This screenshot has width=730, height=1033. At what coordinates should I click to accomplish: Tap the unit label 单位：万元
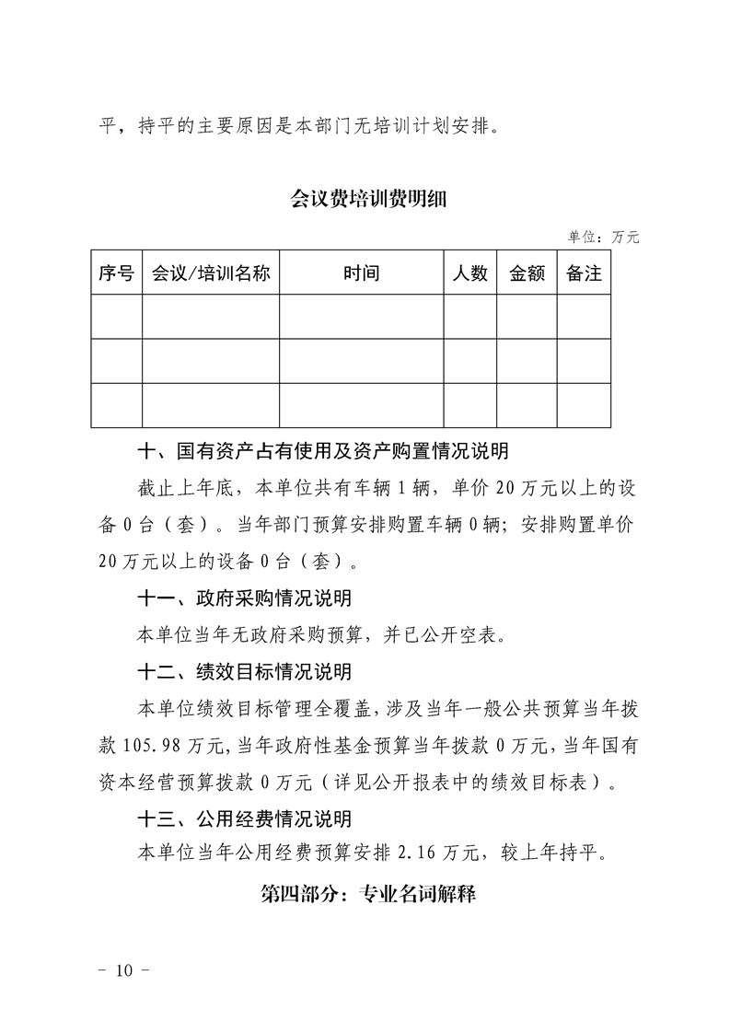pyautogui.click(x=604, y=237)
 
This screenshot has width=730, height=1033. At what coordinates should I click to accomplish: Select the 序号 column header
pyautogui.click(x=116, y=273)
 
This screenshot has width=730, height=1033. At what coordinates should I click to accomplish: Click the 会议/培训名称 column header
pyautogui.click(x=211, y=273)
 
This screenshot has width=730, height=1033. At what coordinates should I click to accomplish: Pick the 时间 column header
pyautogui.click(x=361, y=273)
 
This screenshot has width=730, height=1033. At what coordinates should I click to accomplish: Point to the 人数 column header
pyautogui.click(x=470, y=273)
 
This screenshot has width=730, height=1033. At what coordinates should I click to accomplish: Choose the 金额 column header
pyautogui.click(x=527, y=273)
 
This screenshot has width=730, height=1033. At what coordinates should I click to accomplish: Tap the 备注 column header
pyautogui.click(x=584, y=273)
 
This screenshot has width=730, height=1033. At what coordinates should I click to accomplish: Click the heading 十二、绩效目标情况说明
pyautogui.click(x=244, y=674)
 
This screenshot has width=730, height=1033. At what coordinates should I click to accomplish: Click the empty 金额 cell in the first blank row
pyautogui.click(x=527, y=317)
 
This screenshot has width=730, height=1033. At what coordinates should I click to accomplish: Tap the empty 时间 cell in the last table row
pyautogui.click(x=361, y=405)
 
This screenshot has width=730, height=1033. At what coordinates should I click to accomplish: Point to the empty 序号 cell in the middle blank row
pyautogui.click(x=116, y=361)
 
